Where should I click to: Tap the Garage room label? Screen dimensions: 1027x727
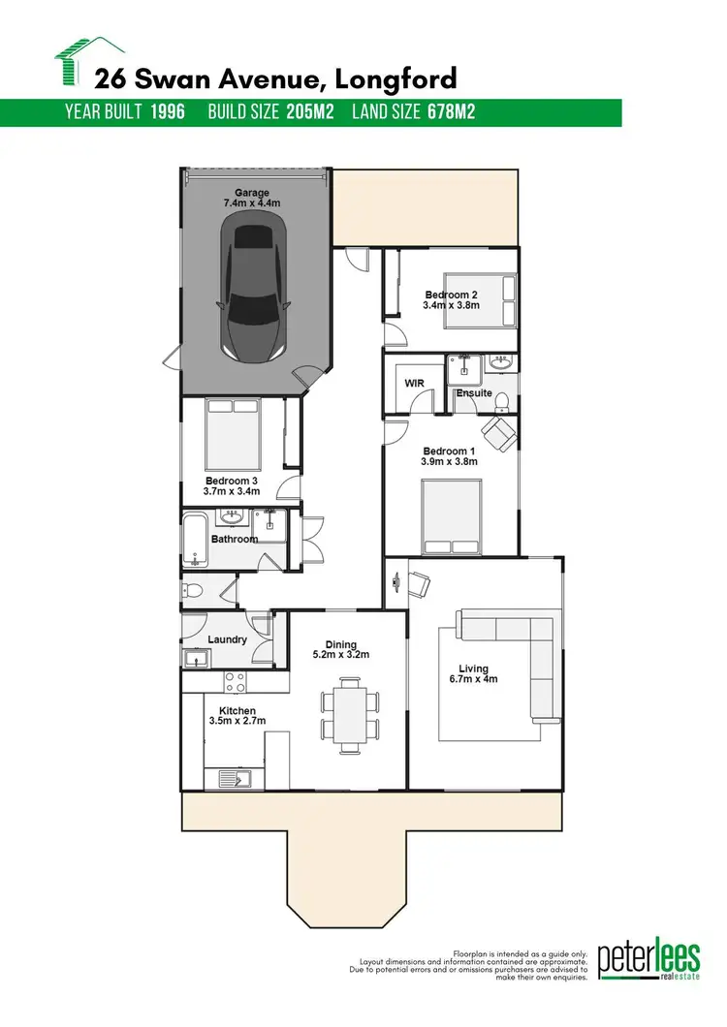pos(251,192)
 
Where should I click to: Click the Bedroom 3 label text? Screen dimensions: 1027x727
pos(231,480)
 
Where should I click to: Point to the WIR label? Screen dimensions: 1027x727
pos(413,384)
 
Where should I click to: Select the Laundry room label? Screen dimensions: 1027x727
pos(227,639)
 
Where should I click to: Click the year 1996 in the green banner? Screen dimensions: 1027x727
pos(168,112)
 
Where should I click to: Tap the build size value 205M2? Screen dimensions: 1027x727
pos(310,112)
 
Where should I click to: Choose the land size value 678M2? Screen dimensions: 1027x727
pos(451,112)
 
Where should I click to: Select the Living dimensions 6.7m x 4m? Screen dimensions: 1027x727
pos(474,680)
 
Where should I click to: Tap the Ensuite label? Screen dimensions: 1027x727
pos(474,394)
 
